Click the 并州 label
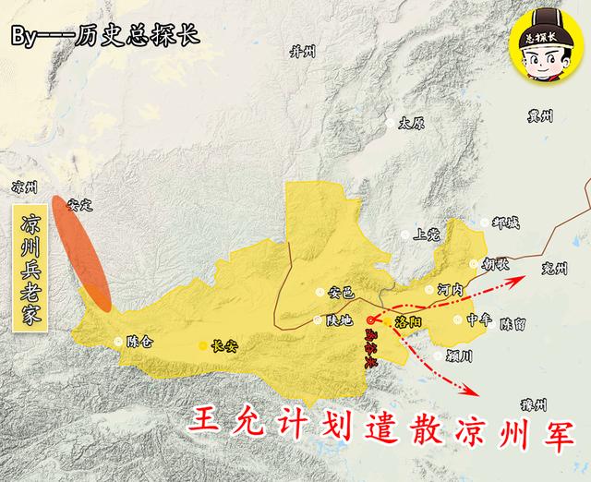[x=303, y=51]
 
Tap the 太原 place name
[x=410, y=123]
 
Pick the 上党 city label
[x=429, y=235]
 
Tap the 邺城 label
[x=506, y=223]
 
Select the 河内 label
[x=450, y=289]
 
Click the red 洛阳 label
[x=407, y=322]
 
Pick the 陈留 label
[x=513, y=325]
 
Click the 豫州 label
[x=534, y=404]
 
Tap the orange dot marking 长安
[x=203, y=347]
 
